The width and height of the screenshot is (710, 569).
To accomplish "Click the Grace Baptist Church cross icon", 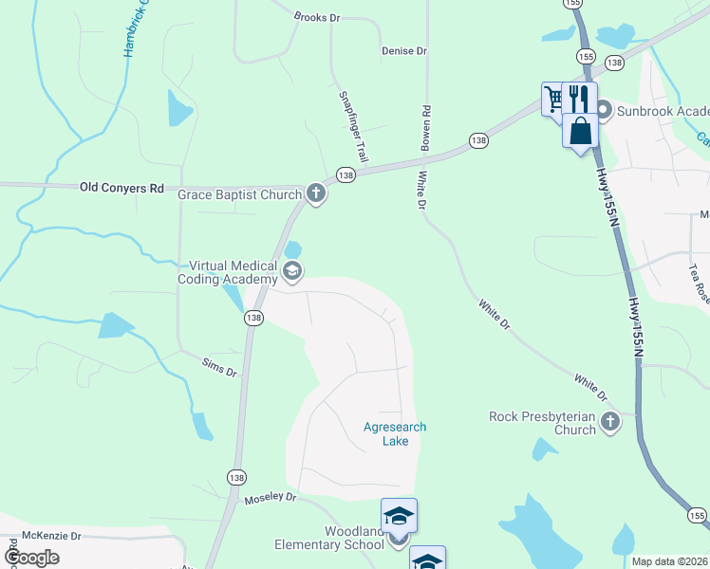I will pyautogui.click(x=316, y=194).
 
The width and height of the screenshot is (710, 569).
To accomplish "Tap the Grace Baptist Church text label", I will pyautogui.click(x=238, y=194).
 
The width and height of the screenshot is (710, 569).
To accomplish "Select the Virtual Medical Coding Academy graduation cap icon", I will pyautogui.click(x=292, y=273).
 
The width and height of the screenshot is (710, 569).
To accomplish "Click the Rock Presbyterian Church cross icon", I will pyautogui.click(x=609, y=421).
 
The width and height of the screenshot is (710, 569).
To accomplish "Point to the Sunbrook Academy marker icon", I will pyautogui.click(x=602, y=111).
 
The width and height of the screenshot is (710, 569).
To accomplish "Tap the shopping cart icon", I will pyautogui.click(x=553, y=99).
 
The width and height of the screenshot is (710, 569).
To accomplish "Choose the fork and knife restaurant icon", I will pyautogui.click(x=578, y=98).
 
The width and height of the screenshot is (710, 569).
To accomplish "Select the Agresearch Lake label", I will pyautogui.click(x=395, y=434).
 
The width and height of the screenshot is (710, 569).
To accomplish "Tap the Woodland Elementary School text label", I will pyautogui.click(x=329, y=538).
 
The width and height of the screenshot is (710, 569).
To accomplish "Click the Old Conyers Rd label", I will pyautogui.click(x=121, y=188).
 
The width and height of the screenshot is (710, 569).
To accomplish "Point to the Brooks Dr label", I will pyautogui.click(x=317, y=17).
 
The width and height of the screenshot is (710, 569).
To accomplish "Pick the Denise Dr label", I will pyautogui.click(x=404, y=50).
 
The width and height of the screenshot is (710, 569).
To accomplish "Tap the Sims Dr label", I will pyautogui.click(x=219, y=366).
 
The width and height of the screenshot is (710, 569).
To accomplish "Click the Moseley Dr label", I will pyautogui.click(x=271, y=498).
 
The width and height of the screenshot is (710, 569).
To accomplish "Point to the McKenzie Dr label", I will pyautogui.click(x=51, y=536).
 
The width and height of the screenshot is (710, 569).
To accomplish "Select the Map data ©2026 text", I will pyautogui.click(x=670, y=561).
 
